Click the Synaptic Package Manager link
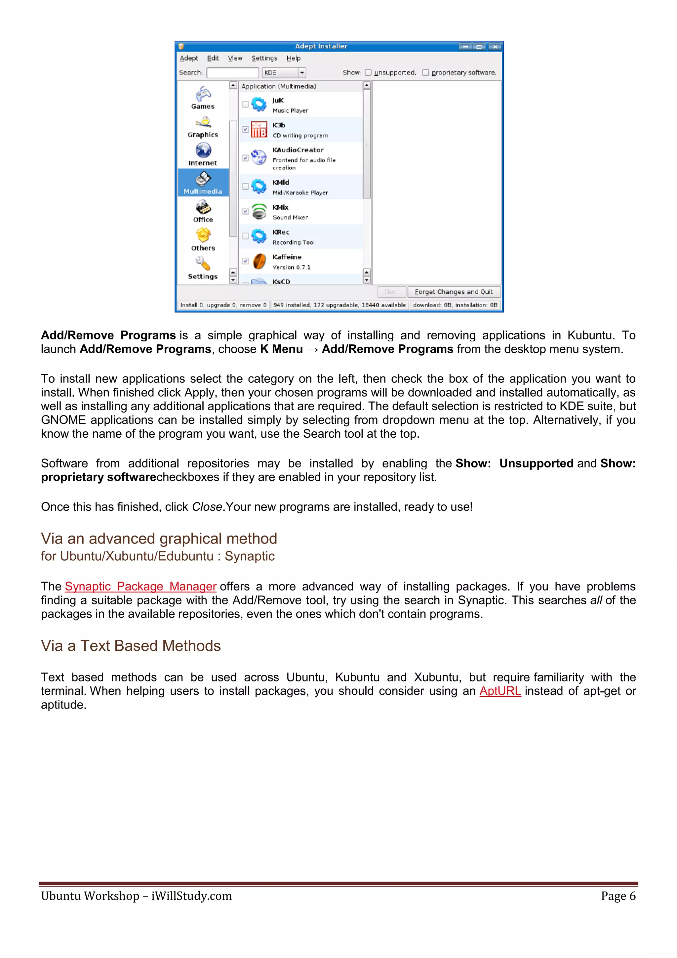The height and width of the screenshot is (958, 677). (140, 586)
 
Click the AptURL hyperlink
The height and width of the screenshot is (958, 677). (500, 691)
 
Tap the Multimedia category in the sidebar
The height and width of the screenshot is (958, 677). (203, 183)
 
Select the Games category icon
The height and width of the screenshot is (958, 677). (203, 94)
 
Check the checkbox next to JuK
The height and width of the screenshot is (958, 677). (246, 104)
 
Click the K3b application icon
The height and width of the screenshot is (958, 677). (259, 130)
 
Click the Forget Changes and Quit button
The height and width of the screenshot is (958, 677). (454, 292)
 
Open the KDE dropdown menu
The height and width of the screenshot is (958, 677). (302, 72)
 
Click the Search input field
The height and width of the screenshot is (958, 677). (233, 72)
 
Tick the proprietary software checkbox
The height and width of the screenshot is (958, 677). (425, 72)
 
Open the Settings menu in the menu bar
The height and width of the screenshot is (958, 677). (264, 59)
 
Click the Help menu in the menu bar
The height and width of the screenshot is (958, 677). (293, 59)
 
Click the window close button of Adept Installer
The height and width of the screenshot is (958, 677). (495, 46)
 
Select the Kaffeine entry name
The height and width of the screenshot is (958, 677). (287, 257)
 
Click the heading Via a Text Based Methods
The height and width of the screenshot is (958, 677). (131, 646)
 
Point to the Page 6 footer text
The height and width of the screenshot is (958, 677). (618, 896)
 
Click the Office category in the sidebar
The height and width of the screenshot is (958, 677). (203, 211)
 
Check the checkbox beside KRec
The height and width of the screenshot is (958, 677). (246, 236)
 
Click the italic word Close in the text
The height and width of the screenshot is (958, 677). (207, 507)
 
